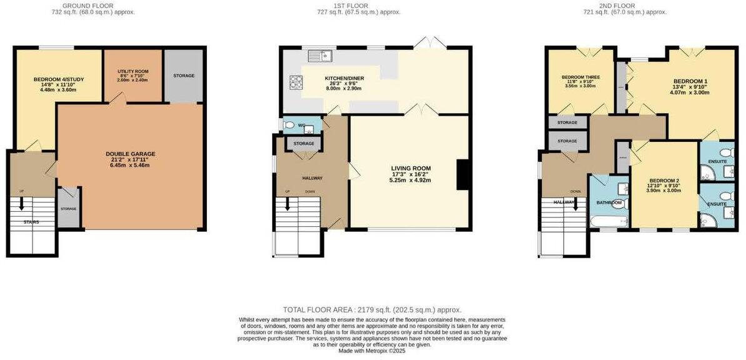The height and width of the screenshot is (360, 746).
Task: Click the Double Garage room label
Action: tap(130, 154)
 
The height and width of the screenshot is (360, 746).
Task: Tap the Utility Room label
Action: tap(132, 72)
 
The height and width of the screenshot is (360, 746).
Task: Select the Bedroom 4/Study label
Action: tap(58, 79)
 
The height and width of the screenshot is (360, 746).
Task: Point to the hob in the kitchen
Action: tap(295, 82)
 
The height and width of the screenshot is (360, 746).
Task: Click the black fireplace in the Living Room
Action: tap(463, 174)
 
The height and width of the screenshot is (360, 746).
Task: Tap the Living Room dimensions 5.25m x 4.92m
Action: tap(411, 180)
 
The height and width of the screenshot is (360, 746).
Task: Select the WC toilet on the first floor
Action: tap(289, 126)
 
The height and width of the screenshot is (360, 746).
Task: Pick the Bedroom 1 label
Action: tap(690, 82)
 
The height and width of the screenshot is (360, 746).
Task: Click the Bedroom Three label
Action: tap(580, 77)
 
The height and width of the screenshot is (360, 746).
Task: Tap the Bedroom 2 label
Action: tap(663, 181)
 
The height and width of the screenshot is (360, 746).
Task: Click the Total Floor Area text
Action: tap(372, 309)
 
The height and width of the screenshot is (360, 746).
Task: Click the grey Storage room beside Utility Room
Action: tap(184, 76)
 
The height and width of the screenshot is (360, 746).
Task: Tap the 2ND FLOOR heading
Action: tap(634, 5)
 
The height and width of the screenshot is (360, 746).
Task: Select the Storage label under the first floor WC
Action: tap(303, 144)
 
